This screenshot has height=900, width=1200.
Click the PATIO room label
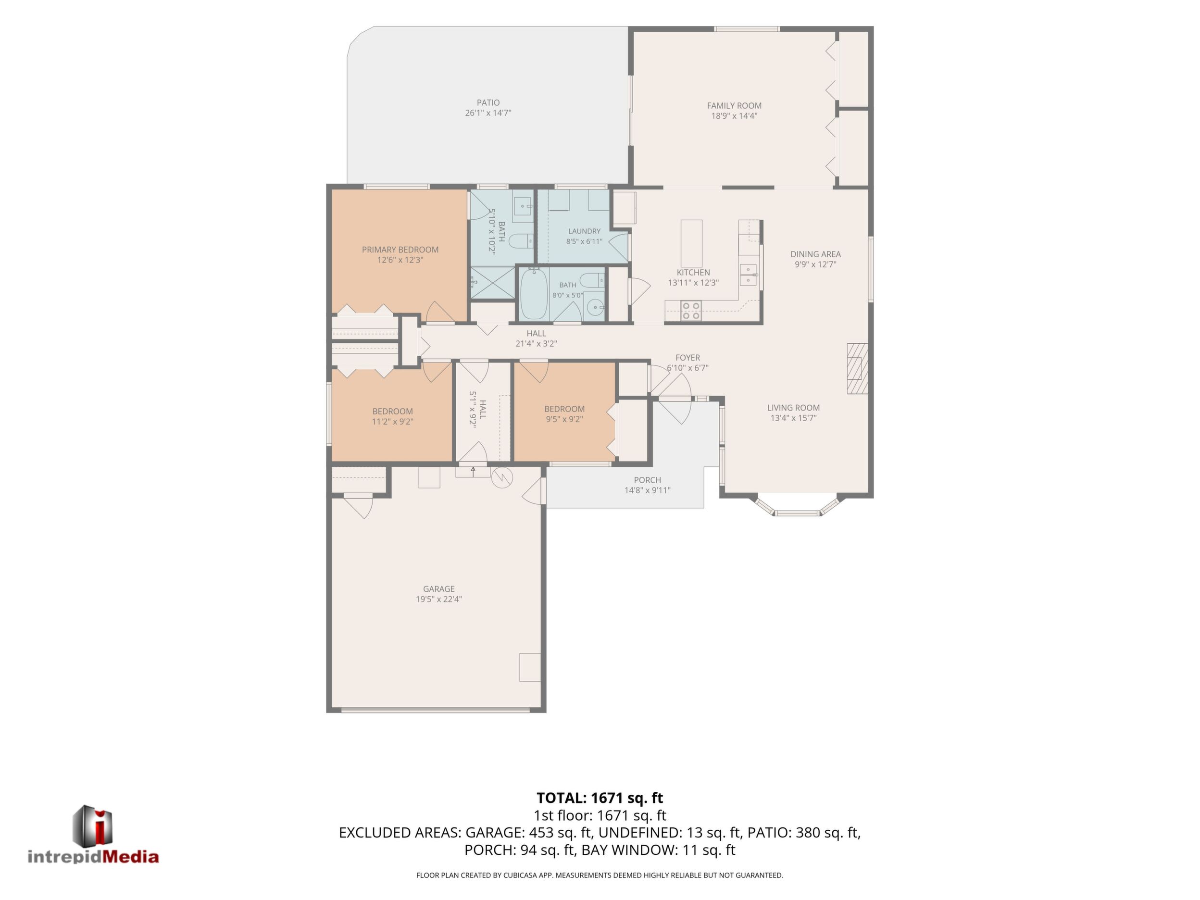[x=488, y=102]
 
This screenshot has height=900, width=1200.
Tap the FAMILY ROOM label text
[x=734, y=106]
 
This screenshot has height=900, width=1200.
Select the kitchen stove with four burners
[x=692, y=310]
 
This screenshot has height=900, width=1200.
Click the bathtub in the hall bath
[x=534, y=295]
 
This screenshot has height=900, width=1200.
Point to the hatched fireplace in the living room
[x=858, y=368]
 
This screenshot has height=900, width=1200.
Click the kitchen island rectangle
[x=692, y=243]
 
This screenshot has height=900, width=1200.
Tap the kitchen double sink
[x=749, y=275]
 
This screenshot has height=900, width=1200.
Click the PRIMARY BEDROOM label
[x=400, y=250]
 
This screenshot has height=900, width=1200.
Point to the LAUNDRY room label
[x=584, y=231]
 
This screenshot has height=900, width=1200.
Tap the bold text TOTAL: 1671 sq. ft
[x=600, y=798]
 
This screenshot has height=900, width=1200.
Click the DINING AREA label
[x=815, y=254]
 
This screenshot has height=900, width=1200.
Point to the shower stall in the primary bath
[x=491, y=283]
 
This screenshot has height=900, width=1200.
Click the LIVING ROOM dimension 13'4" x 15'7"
[x=793, y=418]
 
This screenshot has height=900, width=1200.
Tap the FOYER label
[x=688, y=358]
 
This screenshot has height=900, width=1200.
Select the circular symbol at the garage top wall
[x=502, y=477]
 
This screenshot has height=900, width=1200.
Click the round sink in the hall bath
[x=595, y=308]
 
